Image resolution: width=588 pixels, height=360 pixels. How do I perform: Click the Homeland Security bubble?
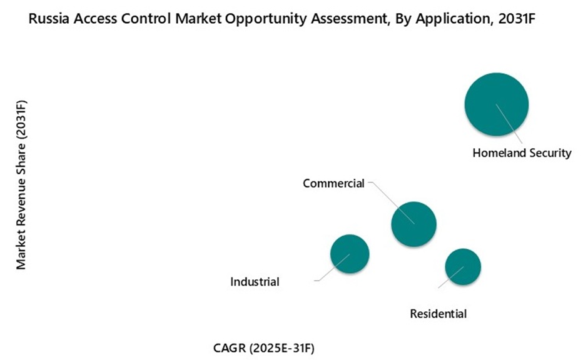(x=496, y=104)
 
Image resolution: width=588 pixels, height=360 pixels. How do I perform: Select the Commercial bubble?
(x=413, y=224)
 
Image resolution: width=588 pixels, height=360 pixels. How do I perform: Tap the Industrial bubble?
(x=350, y=254)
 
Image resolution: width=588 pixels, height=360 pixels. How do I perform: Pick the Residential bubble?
(x=463, y=267)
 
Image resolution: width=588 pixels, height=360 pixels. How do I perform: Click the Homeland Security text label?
(x=522, y=152)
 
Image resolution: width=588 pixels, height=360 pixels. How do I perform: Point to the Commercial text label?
(x=333, y=183)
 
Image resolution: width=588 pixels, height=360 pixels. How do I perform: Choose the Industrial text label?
(x=255, y=282)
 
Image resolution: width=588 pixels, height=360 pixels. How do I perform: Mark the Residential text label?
(x=438, y=314)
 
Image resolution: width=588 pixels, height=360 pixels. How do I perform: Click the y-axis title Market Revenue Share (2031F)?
(x=22, y=184)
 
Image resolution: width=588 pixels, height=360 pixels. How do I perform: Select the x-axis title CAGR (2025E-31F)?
(x=270, y=347)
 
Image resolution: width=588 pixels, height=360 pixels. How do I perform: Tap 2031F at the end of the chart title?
(x=519, y=19)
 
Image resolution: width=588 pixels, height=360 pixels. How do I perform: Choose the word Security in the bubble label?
(x=550, y=152)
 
